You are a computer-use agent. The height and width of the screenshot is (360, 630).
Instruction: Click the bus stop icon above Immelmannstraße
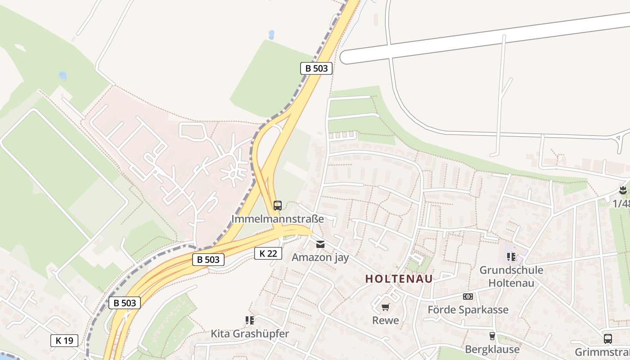tap(278, 206)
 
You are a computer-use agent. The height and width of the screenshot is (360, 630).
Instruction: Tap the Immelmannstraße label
tap(278, 219)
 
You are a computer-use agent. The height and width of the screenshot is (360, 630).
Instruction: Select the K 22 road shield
tap(268, 253)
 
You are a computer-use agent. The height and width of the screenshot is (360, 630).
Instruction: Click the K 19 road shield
tap(64, 341)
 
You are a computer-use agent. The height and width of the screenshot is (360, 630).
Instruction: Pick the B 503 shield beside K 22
tap(208, 259)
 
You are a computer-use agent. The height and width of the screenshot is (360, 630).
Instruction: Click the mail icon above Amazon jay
tap(320, 244)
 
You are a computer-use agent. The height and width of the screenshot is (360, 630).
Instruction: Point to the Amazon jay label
tap(320, 257)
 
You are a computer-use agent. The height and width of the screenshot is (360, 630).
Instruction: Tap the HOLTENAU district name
tap(399, 279)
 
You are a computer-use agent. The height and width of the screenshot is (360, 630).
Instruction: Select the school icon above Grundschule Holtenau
tap(511, 257)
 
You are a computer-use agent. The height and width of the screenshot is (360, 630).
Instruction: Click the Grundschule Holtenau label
tap(511, 276)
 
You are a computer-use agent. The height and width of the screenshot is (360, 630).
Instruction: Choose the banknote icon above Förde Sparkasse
tap(468, 297)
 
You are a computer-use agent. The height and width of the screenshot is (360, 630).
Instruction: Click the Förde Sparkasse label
tap(468, 310)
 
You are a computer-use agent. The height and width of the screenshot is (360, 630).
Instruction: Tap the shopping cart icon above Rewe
tap(385, 307)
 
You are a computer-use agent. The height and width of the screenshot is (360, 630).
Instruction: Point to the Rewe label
tap(385, 320)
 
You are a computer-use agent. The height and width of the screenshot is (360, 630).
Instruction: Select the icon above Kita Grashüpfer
tap(250, 320)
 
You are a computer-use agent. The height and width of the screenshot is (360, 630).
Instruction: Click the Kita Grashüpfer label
tap(250, 334)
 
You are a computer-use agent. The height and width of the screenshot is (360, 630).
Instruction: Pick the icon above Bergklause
tap(492, 336)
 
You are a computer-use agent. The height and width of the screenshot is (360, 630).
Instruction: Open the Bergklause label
tap(492, 349)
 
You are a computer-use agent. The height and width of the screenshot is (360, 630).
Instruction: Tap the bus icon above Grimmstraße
tap(607, 339)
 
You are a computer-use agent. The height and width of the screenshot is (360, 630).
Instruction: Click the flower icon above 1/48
tap(623, 190)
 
